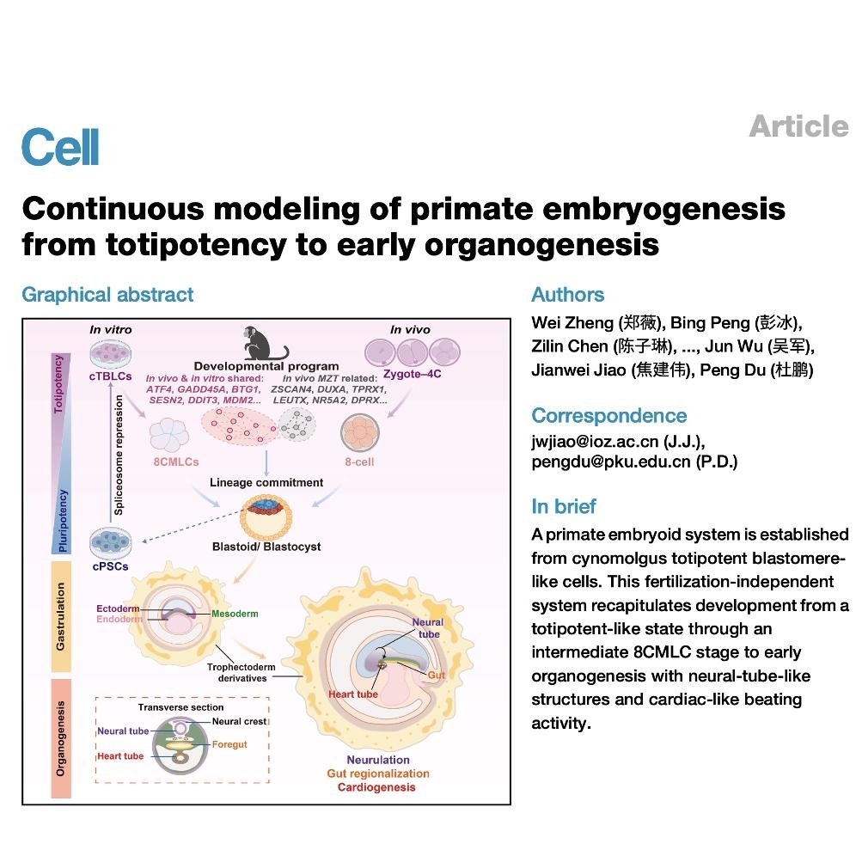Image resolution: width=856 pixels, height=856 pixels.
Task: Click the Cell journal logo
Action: point(60,147)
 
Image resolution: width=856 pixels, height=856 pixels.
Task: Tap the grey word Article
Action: point(798,126)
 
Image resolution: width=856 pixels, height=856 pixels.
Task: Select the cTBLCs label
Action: point(110,376)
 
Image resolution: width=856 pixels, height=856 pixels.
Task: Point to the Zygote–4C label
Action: point(413,374)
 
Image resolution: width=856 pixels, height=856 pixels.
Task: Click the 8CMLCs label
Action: point(176,462)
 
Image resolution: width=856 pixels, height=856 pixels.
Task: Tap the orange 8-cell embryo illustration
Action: point(360,432)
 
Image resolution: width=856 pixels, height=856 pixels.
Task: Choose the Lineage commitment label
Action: point(266,483)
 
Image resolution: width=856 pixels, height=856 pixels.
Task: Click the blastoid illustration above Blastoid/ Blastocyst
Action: point(266,517)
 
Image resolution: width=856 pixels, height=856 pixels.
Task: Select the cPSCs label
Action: point(110,566)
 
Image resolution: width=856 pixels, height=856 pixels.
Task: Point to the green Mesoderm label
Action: point(235,614)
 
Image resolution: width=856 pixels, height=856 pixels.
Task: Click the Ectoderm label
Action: point(118,608)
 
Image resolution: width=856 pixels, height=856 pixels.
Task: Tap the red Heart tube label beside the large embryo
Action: point(353,694)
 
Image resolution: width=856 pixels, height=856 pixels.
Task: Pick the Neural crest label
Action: point(239,722)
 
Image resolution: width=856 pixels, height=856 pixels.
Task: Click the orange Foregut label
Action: point(229,744)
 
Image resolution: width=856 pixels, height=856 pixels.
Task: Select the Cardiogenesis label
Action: point(376,787)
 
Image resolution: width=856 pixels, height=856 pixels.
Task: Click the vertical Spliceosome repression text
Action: point(119,456)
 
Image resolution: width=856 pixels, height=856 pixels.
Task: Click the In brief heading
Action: point(564,506)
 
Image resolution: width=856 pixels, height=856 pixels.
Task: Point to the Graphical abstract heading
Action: point(107,295)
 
